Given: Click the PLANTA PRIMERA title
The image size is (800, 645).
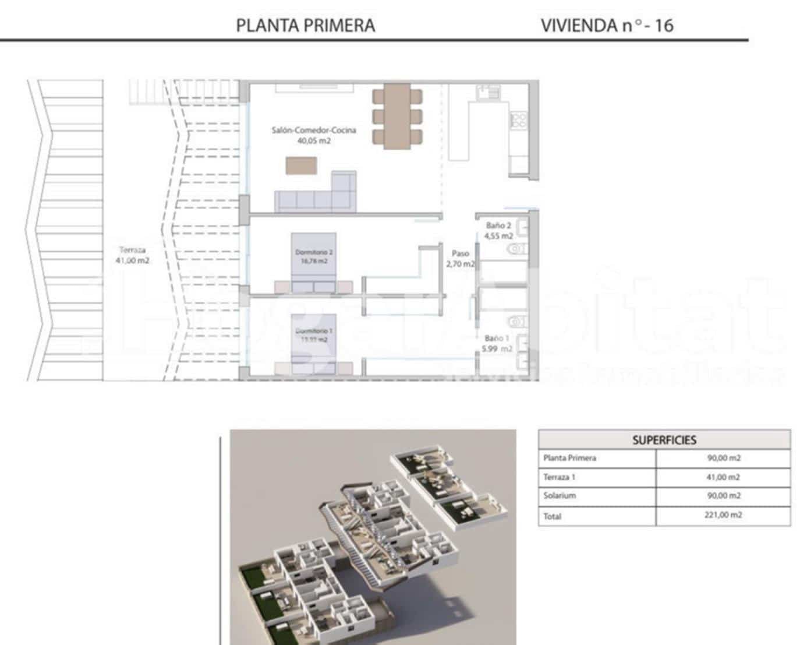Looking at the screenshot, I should [305, 26].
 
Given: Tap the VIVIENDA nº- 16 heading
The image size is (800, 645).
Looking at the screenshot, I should [607, 26].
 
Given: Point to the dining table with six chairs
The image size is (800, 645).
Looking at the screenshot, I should [397, 115].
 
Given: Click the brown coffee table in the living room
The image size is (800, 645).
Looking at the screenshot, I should [302, 165].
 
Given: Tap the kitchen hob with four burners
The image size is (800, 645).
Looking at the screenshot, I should [518, 120].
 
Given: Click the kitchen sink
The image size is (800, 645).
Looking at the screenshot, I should [488, 91].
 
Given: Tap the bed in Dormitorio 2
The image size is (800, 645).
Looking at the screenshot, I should [313, 262].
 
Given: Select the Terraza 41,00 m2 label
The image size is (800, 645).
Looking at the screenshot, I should [133, 255].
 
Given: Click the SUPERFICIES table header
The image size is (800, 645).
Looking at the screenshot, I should [664, 440].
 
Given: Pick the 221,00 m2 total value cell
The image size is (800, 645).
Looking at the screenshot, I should [723, 515].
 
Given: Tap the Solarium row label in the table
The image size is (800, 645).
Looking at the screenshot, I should [560, 496].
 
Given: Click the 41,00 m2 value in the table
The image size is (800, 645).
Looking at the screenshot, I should [723, 477].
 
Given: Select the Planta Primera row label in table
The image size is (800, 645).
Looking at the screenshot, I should [569, 458].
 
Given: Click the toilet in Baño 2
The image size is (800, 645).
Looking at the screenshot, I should [516, 249].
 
